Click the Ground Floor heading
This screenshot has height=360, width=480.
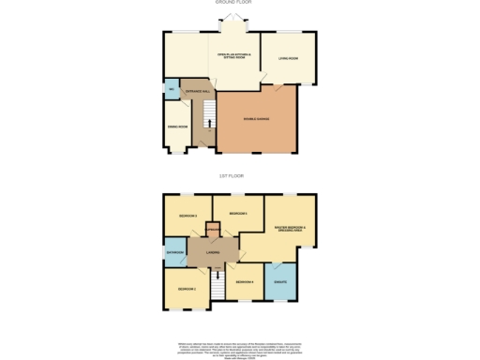click(239, 3)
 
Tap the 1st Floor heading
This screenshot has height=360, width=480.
click(239, 176)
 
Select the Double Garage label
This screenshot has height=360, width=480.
click(256, 119)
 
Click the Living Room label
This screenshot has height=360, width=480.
click(287, 60)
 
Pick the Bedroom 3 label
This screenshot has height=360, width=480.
click(187, 217)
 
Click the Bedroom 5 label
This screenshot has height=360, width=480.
click(236, 215)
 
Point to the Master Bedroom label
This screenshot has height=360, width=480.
click(290, 229)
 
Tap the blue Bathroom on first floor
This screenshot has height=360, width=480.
click(174, 252)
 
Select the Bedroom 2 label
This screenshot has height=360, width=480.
click(187, 289)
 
